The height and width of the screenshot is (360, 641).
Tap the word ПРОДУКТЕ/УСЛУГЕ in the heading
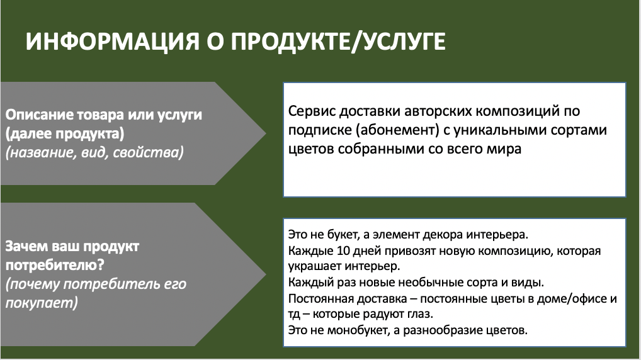[338, 42]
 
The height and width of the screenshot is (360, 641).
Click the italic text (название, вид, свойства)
[94, 152]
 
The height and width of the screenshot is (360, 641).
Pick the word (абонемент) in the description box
[397, 130]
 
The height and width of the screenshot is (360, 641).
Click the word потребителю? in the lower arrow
[55, 266]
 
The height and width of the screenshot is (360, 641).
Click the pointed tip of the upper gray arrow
[266, 133]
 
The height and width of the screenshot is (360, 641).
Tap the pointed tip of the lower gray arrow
[266, 274]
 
